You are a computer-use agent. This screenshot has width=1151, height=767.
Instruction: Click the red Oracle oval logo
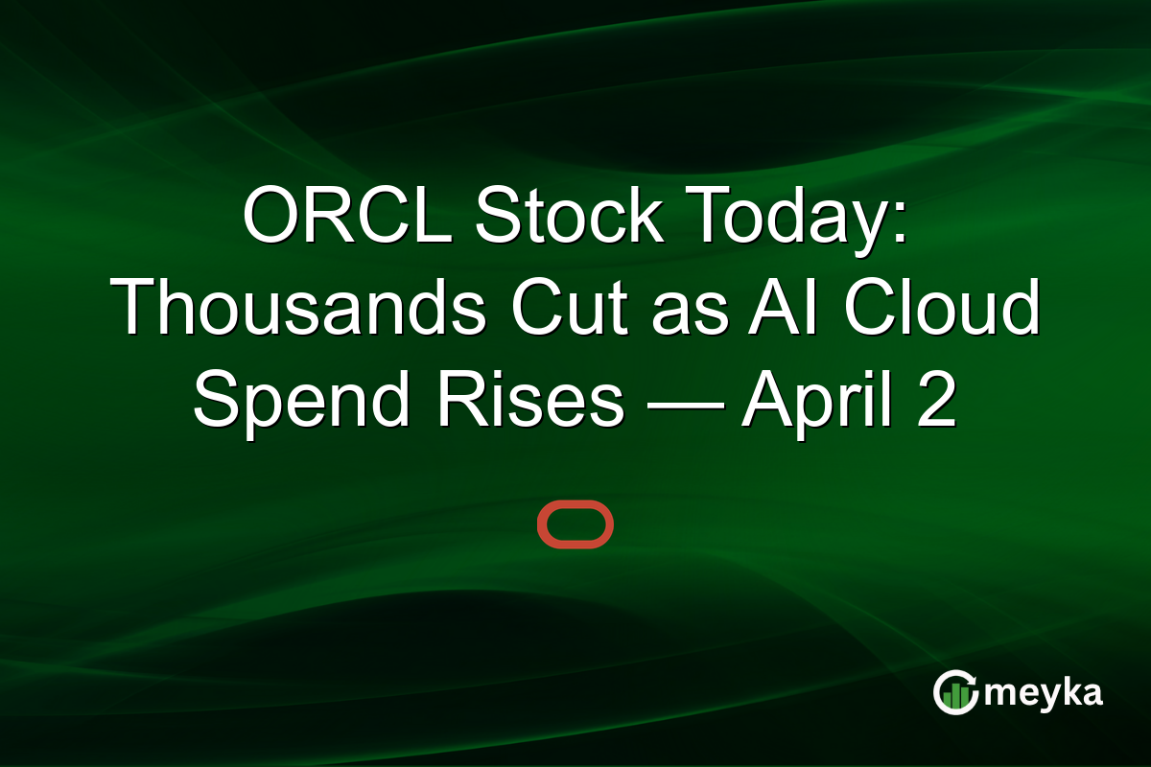click(575, 524)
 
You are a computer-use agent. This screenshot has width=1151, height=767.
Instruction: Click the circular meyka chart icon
click(955, 692)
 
